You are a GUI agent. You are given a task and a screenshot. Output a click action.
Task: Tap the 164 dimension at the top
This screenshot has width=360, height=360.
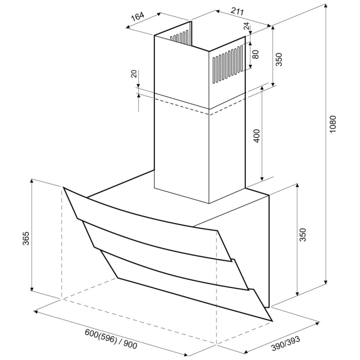(137, 17)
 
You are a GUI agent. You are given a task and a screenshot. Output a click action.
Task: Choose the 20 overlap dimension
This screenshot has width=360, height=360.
(134, 74)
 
